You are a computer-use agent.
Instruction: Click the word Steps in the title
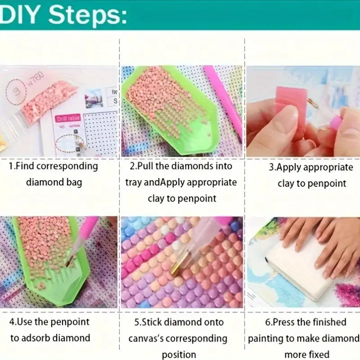tap(87, 15)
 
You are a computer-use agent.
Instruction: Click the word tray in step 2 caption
tap(134, 183)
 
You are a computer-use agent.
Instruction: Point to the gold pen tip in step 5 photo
tap(175, 267)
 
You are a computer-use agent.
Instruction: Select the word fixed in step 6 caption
tap(319, 354)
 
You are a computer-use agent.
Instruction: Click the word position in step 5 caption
tap(179, 355)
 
